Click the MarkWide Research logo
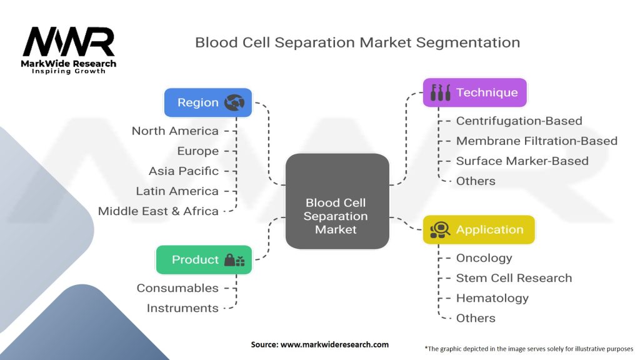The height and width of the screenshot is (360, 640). point(69,49)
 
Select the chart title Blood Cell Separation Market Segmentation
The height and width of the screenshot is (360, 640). point(357,42)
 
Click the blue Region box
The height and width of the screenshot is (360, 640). point(207,102)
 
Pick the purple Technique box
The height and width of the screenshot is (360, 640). point(474,92)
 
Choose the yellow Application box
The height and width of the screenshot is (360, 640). point(479,229)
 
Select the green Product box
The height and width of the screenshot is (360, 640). point(203,259)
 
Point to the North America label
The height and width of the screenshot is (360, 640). point(175,131)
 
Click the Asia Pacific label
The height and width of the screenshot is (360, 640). point(184,171)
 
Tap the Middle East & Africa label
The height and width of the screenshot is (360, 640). point(158,211)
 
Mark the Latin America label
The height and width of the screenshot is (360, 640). point(177,191)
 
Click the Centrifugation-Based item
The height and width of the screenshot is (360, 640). point(519,121)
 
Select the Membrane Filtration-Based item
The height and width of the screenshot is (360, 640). point(536,141)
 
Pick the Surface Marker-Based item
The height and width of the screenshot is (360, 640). point(522,161)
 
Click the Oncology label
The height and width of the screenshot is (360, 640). point(484,257)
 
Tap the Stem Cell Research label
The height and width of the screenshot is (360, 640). point(514,277)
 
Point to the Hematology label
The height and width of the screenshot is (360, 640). point(492,297)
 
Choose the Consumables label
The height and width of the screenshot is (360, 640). point(177,287)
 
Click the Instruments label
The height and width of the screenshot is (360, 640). point(182,307)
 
